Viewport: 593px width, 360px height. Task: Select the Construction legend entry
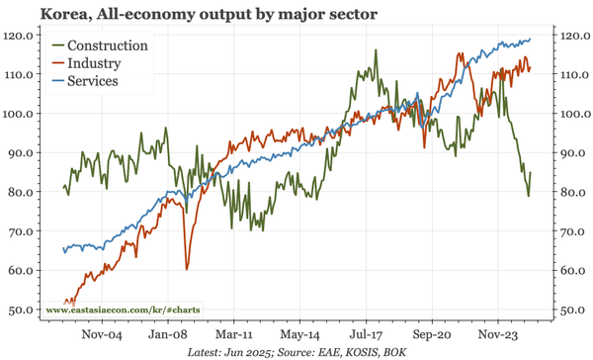pos(115,45)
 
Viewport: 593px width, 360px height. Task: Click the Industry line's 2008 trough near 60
pos(187,268)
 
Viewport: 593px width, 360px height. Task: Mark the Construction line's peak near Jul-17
pos(376,50)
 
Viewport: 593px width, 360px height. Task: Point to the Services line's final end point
pos(531,40)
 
